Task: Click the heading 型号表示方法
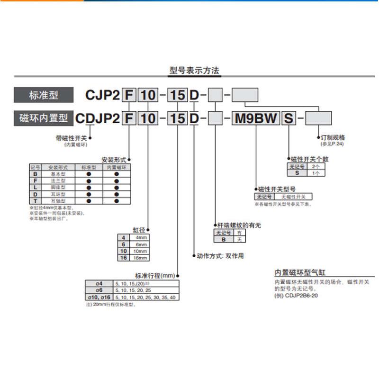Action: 194,71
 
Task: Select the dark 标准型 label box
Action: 44,95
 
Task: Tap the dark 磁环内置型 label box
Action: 44,117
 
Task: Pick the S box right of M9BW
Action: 289,117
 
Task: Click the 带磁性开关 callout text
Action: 72,138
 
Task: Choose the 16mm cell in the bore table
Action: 142,257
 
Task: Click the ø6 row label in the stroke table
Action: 99,290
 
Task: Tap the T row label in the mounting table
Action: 35,201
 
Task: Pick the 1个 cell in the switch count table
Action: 316,173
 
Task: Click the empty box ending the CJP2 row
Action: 244,95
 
